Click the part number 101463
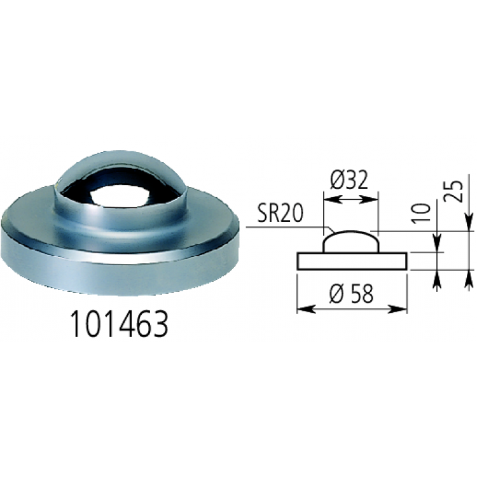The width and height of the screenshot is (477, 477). tap(120, 325)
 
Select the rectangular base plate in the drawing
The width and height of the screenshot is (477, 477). tap(352, 261)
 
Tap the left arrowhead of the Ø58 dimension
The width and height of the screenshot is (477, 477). tap(302, 309)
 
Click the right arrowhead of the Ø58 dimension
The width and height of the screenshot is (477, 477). tap(402, 309)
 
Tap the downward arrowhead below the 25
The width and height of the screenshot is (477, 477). tap(469, 224)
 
